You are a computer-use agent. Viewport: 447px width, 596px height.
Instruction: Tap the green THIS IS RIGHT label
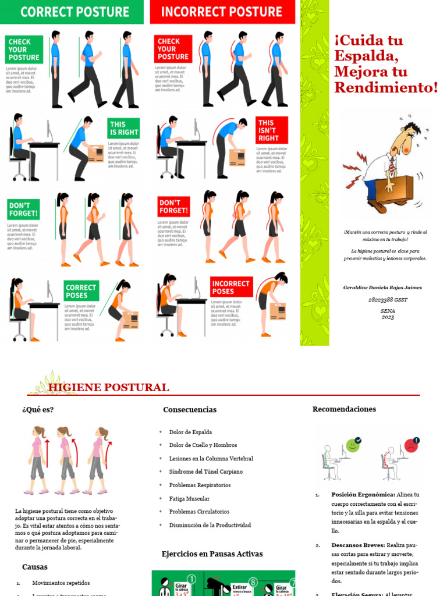coord(125,129)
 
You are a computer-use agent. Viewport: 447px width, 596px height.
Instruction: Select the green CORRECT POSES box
coord(81,291)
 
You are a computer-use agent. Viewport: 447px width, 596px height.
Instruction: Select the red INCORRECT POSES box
coord(231,288)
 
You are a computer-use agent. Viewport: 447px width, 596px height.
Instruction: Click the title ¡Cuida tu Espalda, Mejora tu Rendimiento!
coord(385,64)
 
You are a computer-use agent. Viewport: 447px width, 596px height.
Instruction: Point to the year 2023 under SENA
coord(388,317)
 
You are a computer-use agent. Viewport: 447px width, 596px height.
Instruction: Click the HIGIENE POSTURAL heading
coord(109,388)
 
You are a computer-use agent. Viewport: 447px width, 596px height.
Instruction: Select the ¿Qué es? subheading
coord(38,409)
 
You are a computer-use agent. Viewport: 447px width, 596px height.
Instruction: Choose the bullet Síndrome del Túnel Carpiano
coord(206,471)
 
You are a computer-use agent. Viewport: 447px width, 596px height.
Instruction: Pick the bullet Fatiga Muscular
coord(189,499)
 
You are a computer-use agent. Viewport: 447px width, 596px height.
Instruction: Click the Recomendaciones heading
coord(344,409)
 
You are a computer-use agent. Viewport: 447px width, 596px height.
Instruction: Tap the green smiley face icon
coord(353,445)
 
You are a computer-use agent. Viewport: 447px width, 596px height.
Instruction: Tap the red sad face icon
coord(411,446)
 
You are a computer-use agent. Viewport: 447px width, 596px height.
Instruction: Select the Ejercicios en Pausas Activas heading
coord(212,554)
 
